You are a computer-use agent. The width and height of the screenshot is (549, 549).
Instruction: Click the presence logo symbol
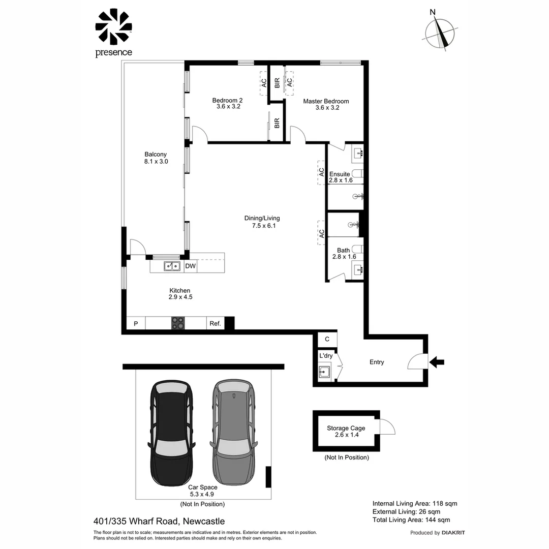pos(114,26)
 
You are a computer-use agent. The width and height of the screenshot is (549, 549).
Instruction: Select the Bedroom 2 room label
pos(228,104)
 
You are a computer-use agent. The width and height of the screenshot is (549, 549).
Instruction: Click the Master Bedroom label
pos(326,104)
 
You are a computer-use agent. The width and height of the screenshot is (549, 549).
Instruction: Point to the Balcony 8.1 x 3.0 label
pos(156,158)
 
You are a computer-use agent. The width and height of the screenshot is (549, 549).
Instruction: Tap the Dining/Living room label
pos(262,222)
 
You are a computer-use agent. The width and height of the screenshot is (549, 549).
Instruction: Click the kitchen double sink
pos(172,266)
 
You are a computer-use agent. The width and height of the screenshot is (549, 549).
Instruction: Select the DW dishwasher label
pos(190,266)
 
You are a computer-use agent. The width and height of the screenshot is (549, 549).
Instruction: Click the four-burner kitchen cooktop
pos(178,323)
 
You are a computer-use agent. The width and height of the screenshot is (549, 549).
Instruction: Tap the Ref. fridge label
pos(215,323)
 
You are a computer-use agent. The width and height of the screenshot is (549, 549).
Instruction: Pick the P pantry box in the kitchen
pos(136,323)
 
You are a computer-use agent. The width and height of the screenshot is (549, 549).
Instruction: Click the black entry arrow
pos(437,362)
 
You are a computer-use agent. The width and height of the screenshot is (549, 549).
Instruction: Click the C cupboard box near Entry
pos(327,339)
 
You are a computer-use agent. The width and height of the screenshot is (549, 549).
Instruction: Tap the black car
pos(172,432)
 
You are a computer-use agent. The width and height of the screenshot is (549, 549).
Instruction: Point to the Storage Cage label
pos(346,432)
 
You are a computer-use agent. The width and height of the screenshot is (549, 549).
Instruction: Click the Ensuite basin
pos(357,152)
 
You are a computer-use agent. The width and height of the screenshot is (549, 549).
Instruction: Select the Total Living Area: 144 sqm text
pos(411,520)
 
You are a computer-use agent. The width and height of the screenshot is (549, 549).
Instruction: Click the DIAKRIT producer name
pos(453,533)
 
